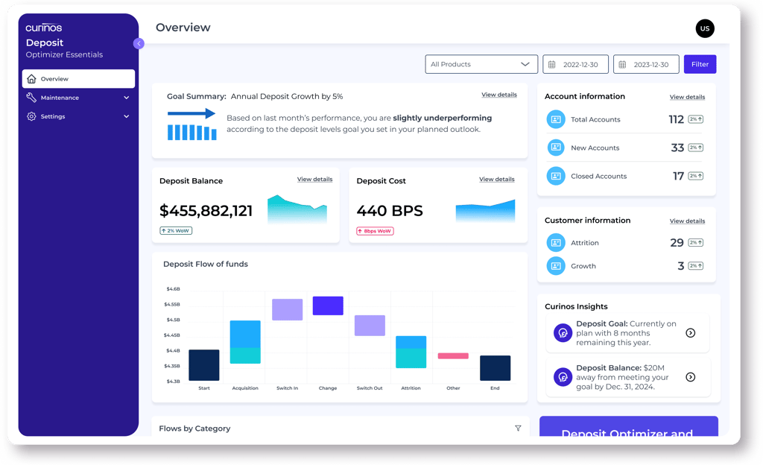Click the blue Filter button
pos(700,64)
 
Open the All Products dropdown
pos(481,64)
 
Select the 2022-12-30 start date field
pos(575,64)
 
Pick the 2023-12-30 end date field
pos(646,64)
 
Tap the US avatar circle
pos(704,29)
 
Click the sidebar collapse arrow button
pos(139,43)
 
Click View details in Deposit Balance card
pos(314,180)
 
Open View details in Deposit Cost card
pos(496,180)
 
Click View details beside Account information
pos(687,97)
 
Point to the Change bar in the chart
pos(328,306)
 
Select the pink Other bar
pos(453,356)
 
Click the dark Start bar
pos(204,365)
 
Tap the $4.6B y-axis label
pos(172,288)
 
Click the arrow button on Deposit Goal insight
pos(690,333)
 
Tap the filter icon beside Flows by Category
pos(518,428)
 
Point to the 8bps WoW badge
pos(375,231)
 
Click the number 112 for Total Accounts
pos(676,119)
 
